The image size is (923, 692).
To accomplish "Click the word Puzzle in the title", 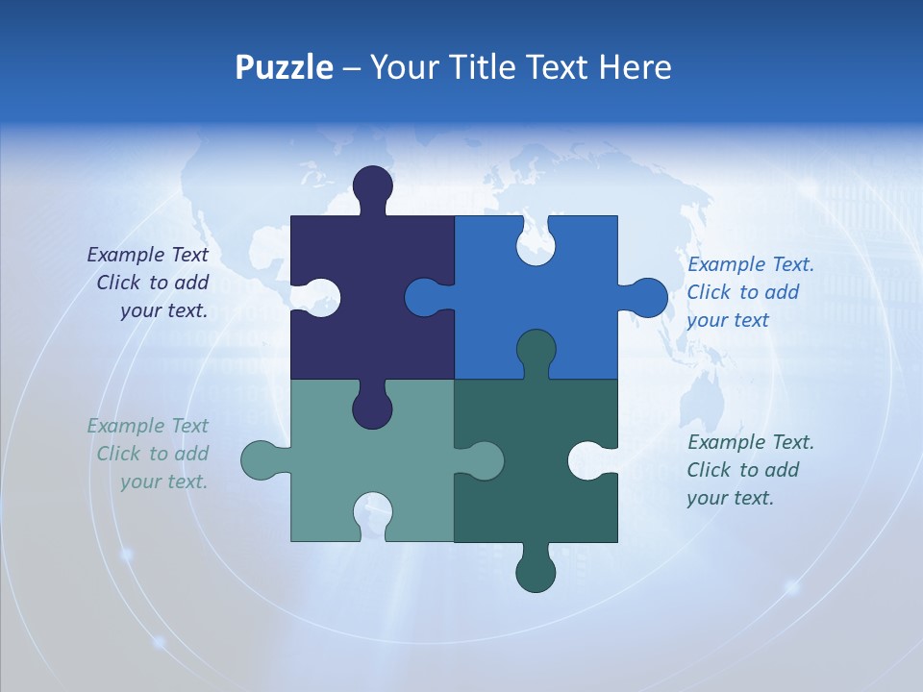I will (284, 67).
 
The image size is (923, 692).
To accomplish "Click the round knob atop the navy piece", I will (373, 185).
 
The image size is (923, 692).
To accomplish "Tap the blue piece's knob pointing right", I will (648, 298).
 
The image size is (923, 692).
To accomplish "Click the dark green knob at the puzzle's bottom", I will (536, 573).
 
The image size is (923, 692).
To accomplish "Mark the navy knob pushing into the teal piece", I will (372, 408).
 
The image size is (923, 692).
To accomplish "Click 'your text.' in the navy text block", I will (163, 310).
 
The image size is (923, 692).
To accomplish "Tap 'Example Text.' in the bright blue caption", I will (751, 264).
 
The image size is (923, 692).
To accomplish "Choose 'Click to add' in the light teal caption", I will (152, 454).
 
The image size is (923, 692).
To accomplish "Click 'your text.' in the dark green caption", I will (730, 498).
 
